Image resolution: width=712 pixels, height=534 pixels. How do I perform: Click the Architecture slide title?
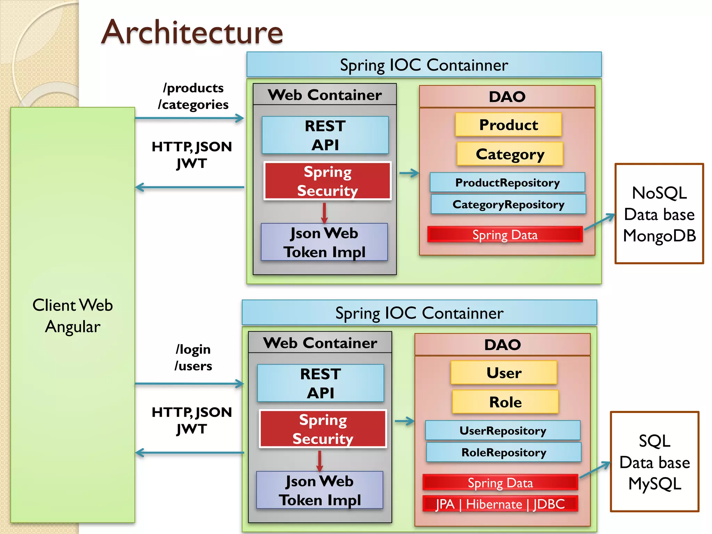tap(192, 32)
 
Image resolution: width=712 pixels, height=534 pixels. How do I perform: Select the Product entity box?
tap(508, 124)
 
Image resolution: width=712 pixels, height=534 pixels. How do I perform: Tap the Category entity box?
tap(510, 154)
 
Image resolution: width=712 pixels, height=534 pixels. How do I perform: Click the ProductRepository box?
tap(507, 183)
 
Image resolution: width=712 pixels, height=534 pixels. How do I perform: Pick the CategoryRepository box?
tap(508, 204)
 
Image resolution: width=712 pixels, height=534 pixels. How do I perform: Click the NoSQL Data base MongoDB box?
tap(659, 214)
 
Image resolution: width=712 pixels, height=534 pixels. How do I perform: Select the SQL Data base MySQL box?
tap(654, 462)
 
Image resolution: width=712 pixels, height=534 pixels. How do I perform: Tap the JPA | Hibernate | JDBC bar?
tap(500, 504)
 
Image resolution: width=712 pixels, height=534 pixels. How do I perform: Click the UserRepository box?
tap(503, 430)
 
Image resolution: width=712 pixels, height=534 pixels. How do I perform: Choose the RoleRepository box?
tap(504, 452)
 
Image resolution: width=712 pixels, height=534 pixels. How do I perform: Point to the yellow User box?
tap(504, 373)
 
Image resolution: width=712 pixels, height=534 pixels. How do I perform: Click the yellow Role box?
tap(505, 402)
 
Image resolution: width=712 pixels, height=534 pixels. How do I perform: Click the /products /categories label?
tap(193, 96)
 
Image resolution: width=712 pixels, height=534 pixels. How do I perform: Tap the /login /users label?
tap(193, 357)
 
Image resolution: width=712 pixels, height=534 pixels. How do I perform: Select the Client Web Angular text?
tap(73, 316)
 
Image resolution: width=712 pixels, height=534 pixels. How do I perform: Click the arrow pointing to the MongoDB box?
tap(600, 222)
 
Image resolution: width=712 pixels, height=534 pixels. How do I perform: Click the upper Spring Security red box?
tap(327, 181)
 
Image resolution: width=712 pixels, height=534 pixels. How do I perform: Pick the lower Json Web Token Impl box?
tap(319, 490)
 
